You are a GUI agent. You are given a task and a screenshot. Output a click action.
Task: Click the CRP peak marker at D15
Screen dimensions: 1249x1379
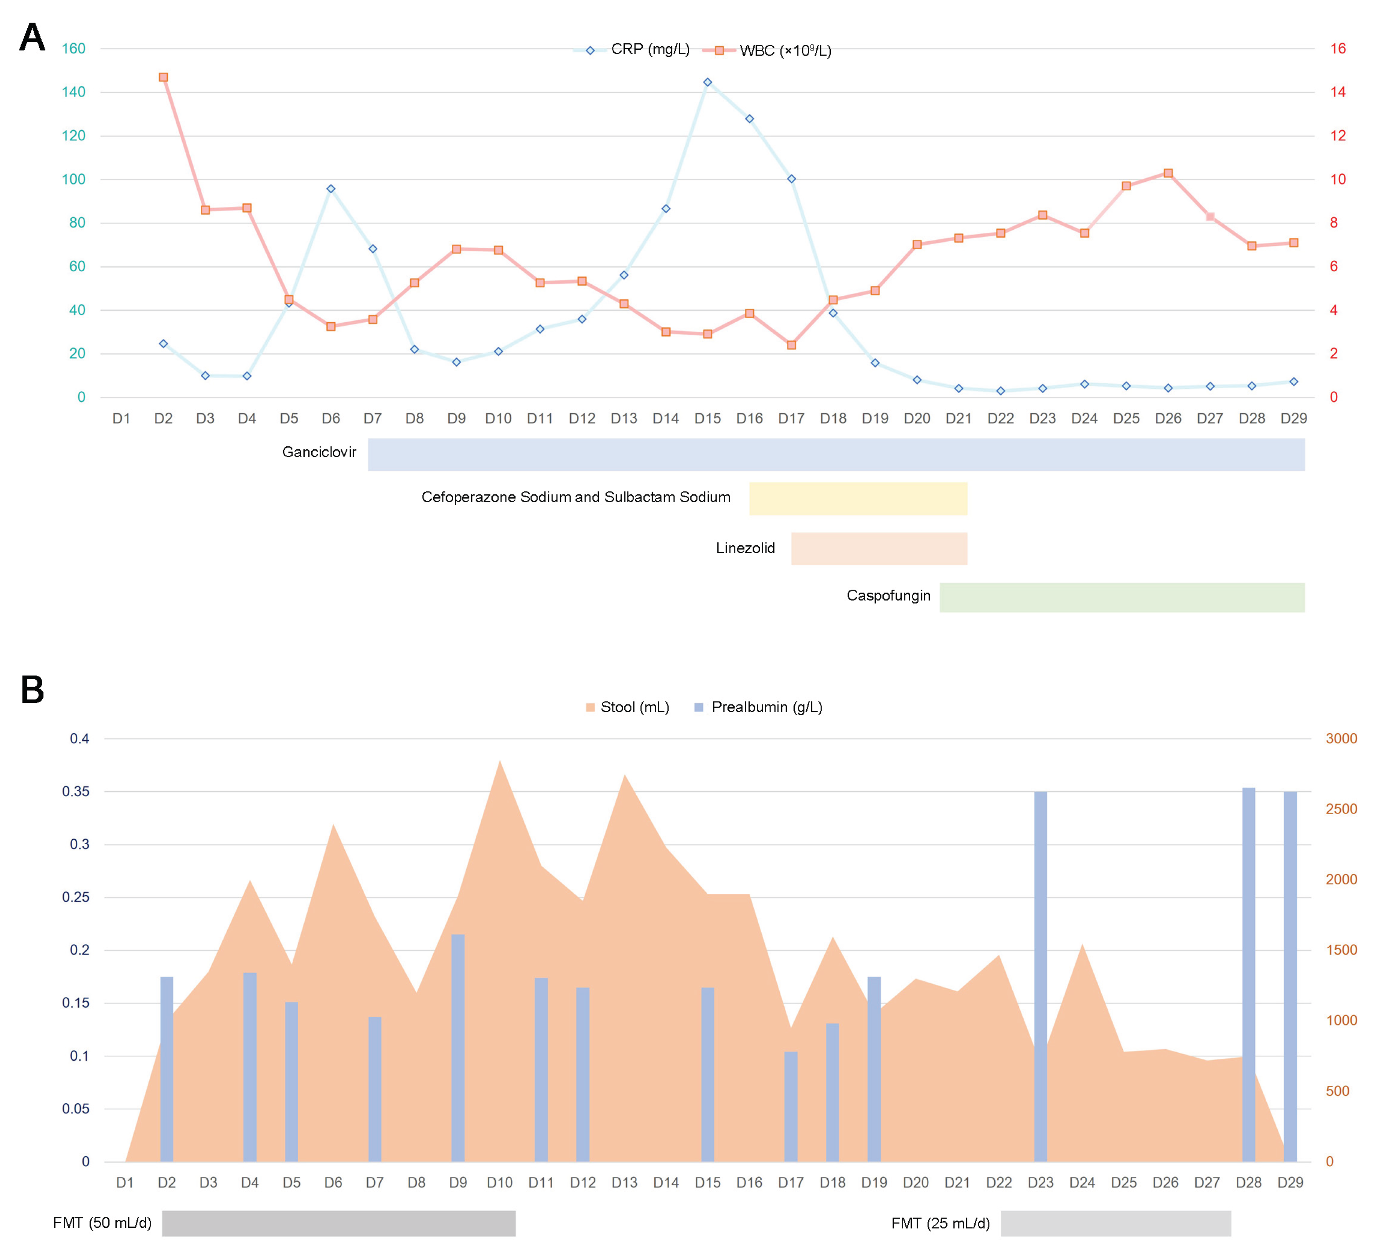click(707, 82)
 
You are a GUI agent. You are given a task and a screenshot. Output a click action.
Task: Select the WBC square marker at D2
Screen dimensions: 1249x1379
click(163, 77)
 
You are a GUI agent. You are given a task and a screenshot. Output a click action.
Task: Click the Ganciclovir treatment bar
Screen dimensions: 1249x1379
click(836, 455)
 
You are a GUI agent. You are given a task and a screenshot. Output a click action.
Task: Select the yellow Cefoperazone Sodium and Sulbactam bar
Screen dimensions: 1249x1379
click(858, 498)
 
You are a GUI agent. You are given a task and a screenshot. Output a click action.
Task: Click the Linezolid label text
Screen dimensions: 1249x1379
click(745, 548)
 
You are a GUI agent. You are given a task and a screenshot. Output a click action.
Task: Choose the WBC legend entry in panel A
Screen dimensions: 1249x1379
click(785, 51)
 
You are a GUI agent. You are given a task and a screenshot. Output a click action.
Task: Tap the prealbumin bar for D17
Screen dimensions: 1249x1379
click(791, 1106)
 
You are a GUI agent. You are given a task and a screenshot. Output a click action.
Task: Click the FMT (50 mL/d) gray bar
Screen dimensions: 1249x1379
click(339, 1223)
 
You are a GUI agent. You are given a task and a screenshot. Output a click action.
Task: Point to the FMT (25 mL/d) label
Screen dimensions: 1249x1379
click(940, 1223)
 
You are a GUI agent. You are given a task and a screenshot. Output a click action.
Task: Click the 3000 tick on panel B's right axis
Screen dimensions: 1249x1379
click(1341, 738)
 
